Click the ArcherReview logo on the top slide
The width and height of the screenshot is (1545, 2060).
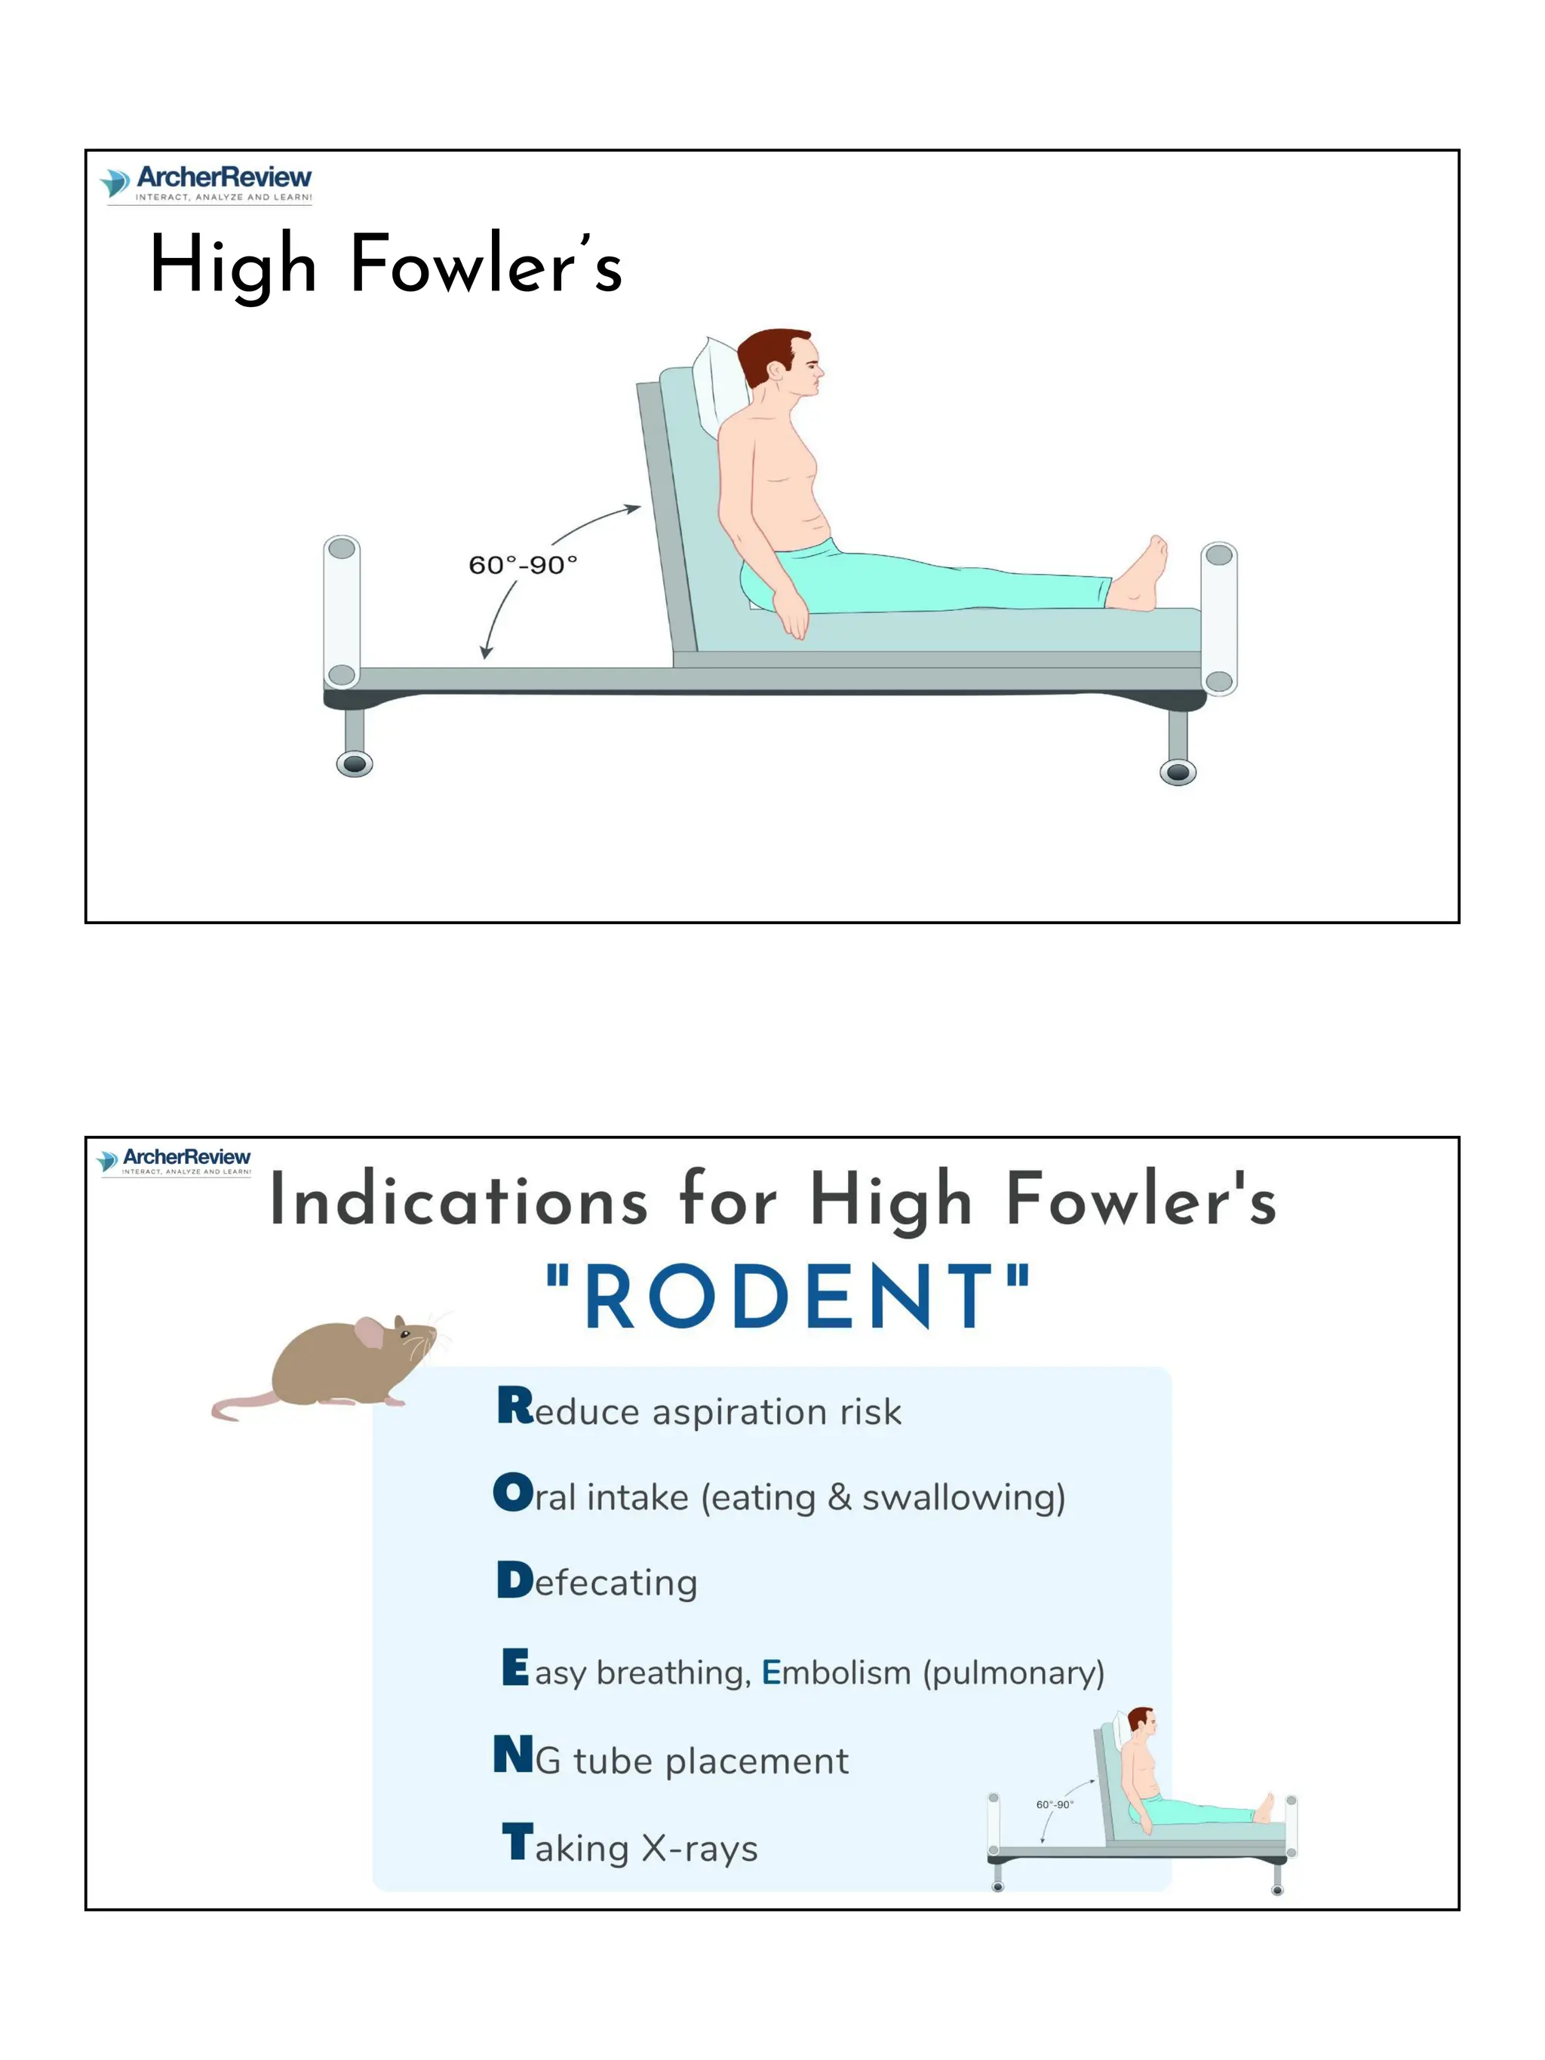206,183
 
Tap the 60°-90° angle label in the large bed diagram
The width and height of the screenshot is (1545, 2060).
523,565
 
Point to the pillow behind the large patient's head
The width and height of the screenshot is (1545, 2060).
718,382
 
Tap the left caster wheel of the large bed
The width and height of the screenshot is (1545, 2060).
354,765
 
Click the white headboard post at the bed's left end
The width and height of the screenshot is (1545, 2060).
342,610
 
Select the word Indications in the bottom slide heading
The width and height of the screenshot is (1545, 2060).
458,1200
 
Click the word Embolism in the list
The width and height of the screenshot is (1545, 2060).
835,1672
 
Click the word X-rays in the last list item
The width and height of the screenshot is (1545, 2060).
699,1848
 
